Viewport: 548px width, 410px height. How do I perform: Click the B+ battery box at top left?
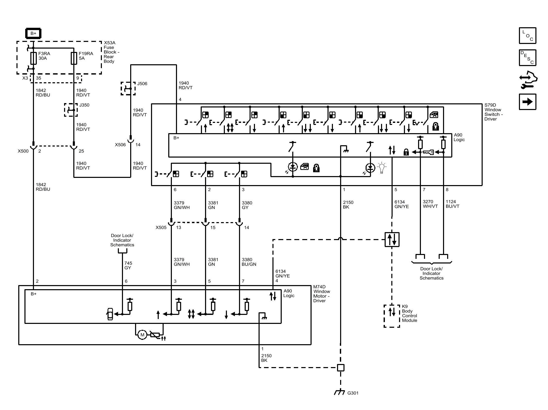tap(33, 33)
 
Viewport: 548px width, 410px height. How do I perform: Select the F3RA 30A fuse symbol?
tap(33, 58)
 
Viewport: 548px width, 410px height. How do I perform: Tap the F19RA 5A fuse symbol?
tap(74, 58)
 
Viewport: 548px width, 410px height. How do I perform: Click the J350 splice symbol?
tap(71, 110)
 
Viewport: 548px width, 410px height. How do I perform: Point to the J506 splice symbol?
tap(128, 88)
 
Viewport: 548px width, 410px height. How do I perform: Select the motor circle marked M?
tap(142, 335)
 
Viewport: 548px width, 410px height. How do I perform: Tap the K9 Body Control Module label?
tap(409, 313)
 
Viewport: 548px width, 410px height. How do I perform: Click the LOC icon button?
tap(527, 35)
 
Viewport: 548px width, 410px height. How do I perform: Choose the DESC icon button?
tap(527, 58)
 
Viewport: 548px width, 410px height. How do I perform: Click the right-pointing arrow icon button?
tap(527, 102)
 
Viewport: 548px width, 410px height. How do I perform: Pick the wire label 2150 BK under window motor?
tap(266, 358)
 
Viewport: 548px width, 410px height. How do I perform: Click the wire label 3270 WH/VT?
tap(430, 204)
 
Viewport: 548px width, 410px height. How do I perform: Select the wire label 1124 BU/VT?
tap(452, 204)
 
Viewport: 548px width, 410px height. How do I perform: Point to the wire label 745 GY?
tap(128, 265)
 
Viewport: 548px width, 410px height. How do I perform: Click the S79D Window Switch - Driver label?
tap(493, 112)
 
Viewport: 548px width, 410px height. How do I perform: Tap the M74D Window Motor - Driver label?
tap(322, 294)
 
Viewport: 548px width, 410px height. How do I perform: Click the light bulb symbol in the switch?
tap(382, 168)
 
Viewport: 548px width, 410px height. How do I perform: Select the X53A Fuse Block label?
tap(111, 52)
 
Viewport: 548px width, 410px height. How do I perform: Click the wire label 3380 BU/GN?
tap(249, 262)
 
